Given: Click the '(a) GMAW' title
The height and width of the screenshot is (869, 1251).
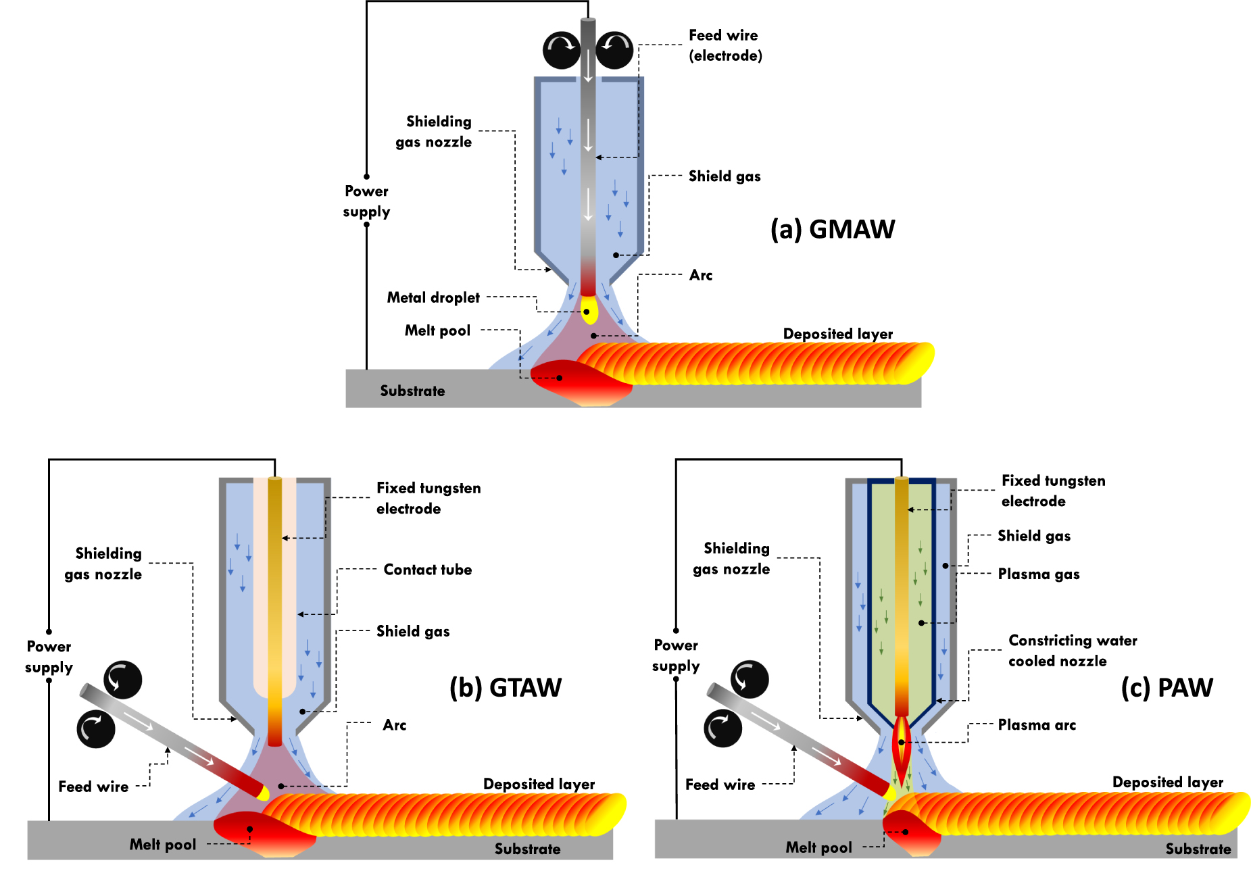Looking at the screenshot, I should [x=832, y=230].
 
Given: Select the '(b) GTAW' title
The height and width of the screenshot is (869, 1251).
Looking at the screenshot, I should [x=506, y=688].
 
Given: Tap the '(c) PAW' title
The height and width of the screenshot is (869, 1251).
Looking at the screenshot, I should [x=1167, y=688].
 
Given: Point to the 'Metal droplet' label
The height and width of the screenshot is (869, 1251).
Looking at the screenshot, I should [x=433, y=298].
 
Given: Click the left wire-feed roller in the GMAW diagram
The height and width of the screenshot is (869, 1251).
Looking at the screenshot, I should [x=562, y=49].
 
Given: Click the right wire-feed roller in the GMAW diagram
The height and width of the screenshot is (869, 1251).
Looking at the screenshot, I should [x=614, y=49].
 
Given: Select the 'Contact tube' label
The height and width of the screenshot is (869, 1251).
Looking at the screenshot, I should [x=427, y=570].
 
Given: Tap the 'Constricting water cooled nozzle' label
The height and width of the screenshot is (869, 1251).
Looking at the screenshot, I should [x=1072, y=651].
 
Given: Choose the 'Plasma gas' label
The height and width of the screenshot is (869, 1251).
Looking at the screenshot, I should [x=1038, y=574].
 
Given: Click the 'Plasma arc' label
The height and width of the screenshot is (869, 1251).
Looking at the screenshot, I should [x=1037, y=725].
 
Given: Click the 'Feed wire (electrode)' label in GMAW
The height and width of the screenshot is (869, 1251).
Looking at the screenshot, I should [x=725, y=45].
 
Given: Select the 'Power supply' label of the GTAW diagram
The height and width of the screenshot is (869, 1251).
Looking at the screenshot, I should [x=49, y=657].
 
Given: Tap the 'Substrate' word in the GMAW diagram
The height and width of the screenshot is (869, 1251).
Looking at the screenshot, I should [x=412, y=391].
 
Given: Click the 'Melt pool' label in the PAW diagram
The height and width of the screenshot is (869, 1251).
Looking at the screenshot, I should [x=818, y=847].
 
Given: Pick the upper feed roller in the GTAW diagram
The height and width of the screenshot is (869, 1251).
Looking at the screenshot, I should [x=122, y=680].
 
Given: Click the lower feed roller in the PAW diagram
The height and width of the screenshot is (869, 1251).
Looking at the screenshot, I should [x=722, y=729].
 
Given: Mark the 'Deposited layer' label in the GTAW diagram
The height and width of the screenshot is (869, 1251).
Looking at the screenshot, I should [x=539, y=785].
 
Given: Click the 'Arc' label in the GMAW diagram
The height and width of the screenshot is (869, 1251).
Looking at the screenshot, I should [x=701, y=276].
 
